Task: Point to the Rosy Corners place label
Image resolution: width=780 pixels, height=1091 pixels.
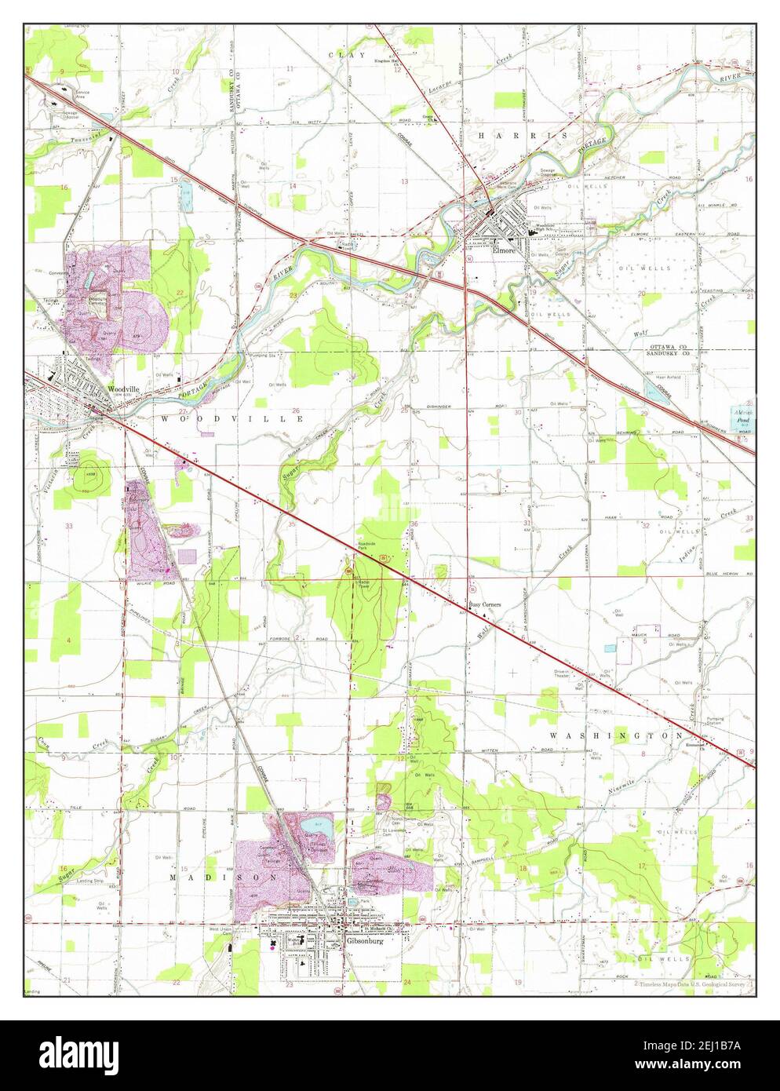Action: pyautogui.click(x=485, y=604)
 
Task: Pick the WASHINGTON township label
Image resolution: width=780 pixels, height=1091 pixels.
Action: pyautogui.click(x=615, y=735)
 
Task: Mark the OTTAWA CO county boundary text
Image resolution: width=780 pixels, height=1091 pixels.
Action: pyautogui.click(x=665, y=347)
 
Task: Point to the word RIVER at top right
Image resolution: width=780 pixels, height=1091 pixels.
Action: pyautogui.click(x=732, y=57)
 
